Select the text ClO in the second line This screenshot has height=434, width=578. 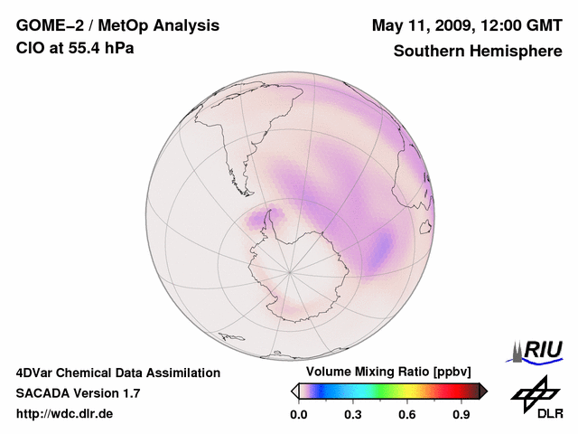point(29,48)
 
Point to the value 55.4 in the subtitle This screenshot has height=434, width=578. point(79,48)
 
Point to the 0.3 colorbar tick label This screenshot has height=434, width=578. point(353,415)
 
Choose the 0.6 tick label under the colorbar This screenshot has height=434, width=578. point(408,415)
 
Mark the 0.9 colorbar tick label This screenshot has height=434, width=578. point(462,415)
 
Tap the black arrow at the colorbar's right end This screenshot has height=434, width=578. point(482,391)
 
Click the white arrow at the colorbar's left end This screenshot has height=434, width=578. point(295,391)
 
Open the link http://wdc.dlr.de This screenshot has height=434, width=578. point(65,414)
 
